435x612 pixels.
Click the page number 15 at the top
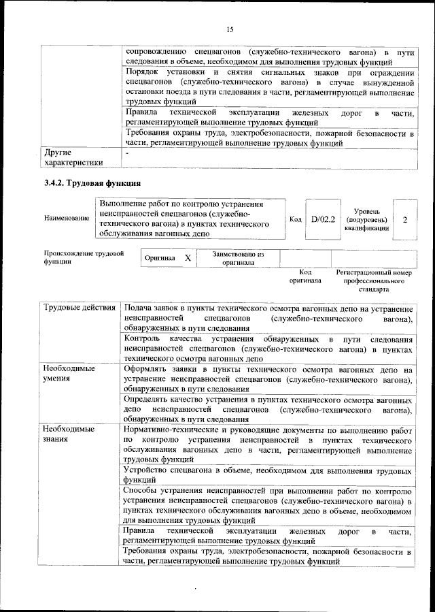(230, 29)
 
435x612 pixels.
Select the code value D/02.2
(323, 219)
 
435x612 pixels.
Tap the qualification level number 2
(405, 220)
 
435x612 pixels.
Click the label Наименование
(66, 219)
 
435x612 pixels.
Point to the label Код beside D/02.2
(296, 219)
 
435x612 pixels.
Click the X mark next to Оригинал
(188, 259)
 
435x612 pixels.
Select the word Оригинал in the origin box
(160, 259)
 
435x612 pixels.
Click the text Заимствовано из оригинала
(237, 258)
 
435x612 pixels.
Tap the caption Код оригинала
(304, 276)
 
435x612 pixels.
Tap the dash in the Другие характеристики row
(126, 155)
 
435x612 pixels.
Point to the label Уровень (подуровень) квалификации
(367, 220)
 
